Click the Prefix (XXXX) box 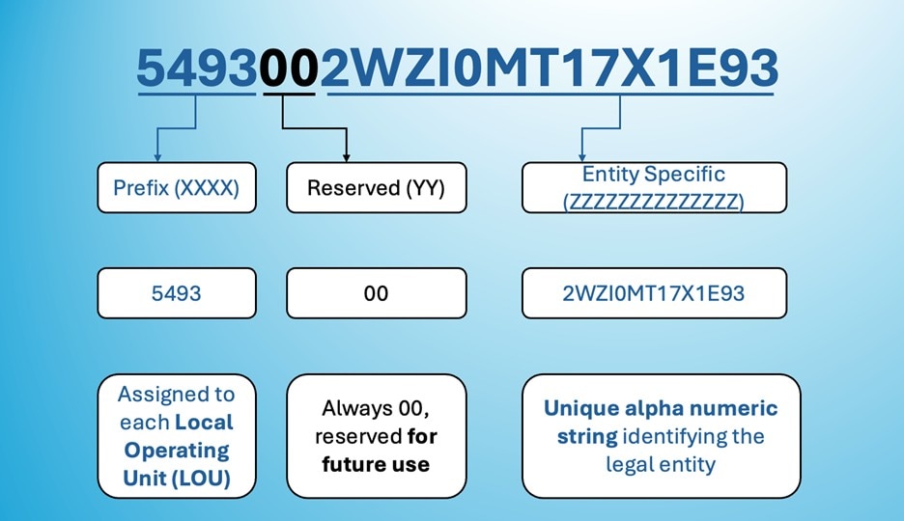point(177,187)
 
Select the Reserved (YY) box point(376,187)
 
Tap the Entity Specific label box point(654,187)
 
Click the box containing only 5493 point(177,292)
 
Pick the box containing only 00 point(376,292)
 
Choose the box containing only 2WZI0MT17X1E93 point(654,292)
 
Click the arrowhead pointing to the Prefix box point(156,155)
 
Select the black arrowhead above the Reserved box point(346,155)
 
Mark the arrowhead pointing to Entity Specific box point(581,155)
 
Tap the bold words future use point(376,464)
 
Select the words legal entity point(660,464)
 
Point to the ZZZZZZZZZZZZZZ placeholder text point(654,202)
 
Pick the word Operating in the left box point(177,450)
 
